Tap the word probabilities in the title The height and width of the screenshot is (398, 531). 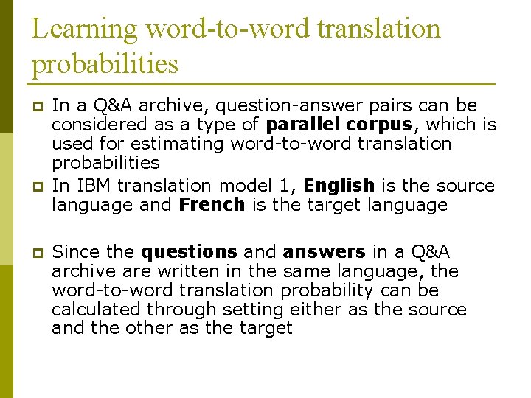click(x=105, y=64)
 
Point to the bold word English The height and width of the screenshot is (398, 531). click(x=339, y=185)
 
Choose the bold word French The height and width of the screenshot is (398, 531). click(x=212, y=204)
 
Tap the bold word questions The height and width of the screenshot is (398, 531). click(x=189, y=252)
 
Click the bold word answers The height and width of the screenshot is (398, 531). click(x=324, y=252)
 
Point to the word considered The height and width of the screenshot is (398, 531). click(x=97, y=125)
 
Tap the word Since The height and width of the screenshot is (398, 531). click(x=76, y=252)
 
